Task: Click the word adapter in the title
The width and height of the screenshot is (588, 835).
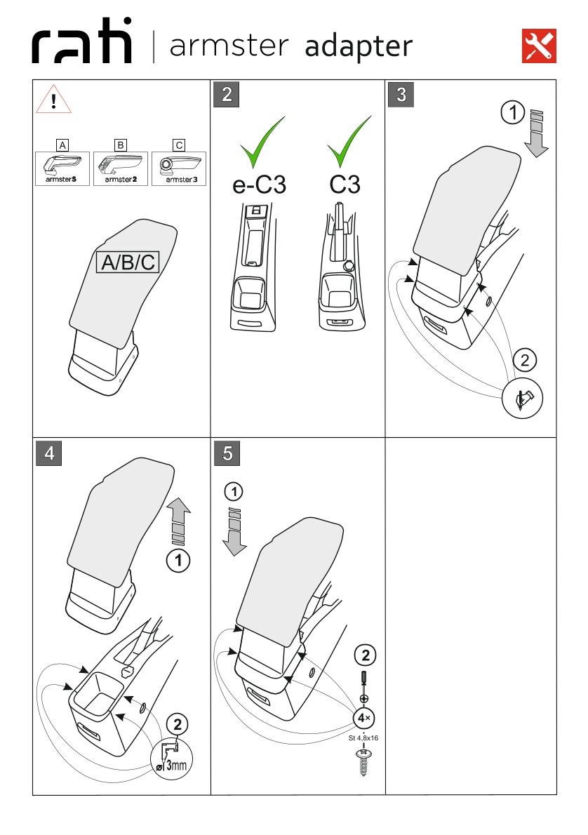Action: (358, 47)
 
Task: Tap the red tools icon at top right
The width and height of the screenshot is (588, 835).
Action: (540, 46)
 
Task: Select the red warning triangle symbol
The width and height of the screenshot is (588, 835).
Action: (54, 100)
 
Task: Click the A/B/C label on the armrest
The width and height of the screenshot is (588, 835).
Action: (128, 262)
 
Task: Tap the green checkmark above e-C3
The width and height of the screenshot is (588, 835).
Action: (262, 142)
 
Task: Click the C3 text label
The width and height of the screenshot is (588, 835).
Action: (345, 185)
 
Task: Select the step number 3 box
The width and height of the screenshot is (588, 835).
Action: (401, 95)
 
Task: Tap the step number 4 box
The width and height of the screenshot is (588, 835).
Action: (48, 453)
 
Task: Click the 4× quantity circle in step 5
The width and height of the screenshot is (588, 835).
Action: (364, 719)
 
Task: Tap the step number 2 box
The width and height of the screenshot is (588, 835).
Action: (227, 95)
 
